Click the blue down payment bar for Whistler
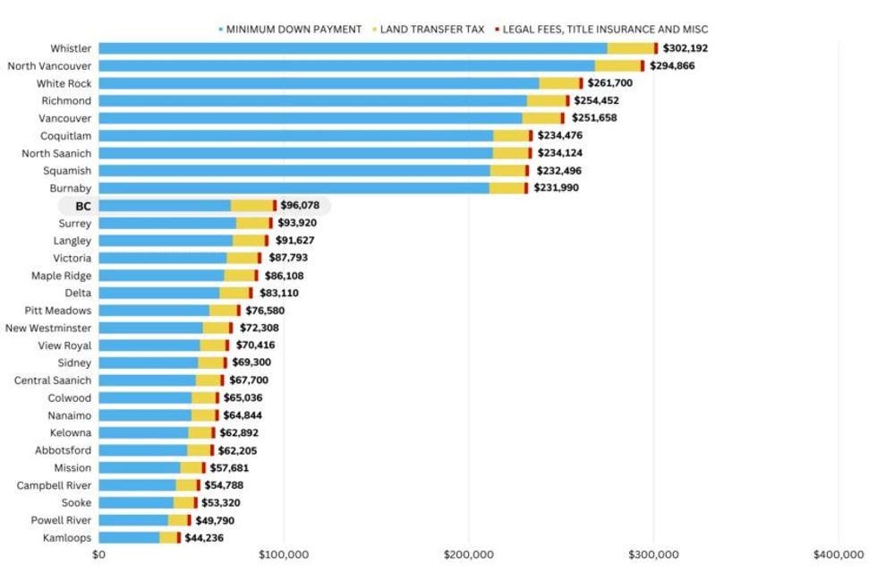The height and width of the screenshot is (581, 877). click(353, 48)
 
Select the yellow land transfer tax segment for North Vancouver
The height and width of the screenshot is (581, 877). click(617, 66)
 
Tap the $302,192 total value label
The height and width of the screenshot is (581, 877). click(690, 48)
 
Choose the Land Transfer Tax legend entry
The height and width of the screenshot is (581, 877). click(431, 30)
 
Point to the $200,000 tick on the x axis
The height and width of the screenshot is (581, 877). click(468, 555)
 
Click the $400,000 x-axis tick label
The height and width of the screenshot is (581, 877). click(838, 555)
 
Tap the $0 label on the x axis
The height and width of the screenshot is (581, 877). click(98, 555)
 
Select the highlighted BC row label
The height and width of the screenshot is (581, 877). click(83, 206)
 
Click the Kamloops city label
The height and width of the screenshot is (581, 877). click(67, 538)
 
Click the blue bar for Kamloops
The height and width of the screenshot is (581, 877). click(129, 538)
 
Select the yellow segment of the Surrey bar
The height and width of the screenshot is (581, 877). click(252, 223)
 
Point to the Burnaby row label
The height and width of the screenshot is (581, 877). click(70, 188)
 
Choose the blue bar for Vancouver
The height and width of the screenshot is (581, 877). click(310, 118)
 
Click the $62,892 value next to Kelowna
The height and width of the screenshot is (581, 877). click(241, 433)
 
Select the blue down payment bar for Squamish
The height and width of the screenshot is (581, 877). click(294, 171)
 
